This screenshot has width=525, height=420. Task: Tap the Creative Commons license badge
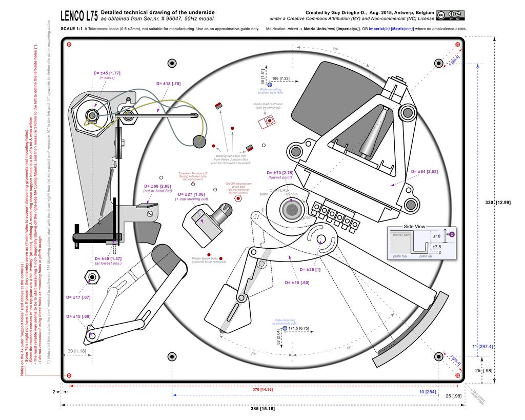coord(450,15)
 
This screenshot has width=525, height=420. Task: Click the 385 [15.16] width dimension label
coord(264,409)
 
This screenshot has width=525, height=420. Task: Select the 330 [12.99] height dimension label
coord(498,203)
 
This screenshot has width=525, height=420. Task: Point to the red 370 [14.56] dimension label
coord(263,390)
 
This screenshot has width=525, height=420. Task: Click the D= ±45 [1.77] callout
coord(107,73)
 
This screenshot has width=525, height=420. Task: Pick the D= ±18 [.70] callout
coord(168,83)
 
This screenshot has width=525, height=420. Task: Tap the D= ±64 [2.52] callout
coord(424,172)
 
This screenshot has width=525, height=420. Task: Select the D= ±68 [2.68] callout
coord(157,186)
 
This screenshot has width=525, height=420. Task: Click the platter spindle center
coord(292,210)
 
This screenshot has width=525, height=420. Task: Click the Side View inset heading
coord(414,226)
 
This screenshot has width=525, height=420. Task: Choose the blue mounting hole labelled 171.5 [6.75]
coord(285,328)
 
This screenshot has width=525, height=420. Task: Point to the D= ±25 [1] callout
coord(310,270)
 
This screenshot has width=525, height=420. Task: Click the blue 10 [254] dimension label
coord(427,392)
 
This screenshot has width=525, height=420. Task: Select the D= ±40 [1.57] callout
coord(108,258)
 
